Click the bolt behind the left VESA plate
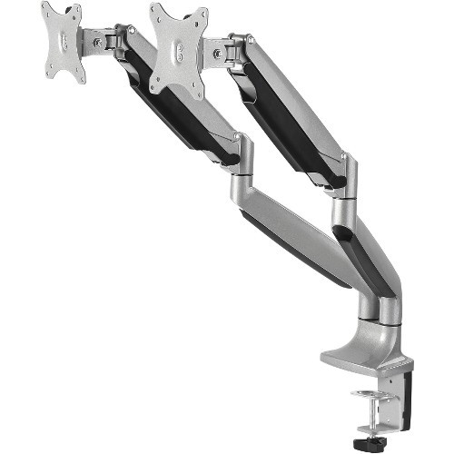click(98, 42)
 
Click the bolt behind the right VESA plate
click(218, 54)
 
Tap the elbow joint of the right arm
click(344, 178)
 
